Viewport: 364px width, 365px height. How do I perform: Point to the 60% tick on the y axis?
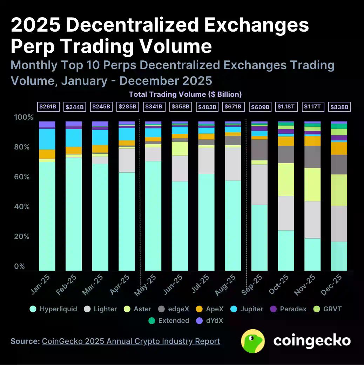tap(24, 177)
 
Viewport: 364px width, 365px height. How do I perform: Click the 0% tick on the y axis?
tap(20, 266)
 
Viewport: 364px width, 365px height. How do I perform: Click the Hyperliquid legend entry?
tap(54, 309)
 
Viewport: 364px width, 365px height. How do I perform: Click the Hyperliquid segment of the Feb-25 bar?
tap(73, 214)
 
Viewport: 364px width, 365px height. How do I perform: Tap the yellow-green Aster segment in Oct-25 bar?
tap(286, 179)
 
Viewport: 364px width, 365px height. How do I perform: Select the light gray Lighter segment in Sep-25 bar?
tap(259, 184)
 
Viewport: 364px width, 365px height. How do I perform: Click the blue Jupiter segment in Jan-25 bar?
tap(47, 139)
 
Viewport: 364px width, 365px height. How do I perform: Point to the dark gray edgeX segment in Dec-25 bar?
tap(339, 164)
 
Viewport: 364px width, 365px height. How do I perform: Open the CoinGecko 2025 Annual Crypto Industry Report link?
tap(131, 341)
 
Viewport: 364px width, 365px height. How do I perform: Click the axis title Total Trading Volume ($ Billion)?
tap(185, 94)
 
